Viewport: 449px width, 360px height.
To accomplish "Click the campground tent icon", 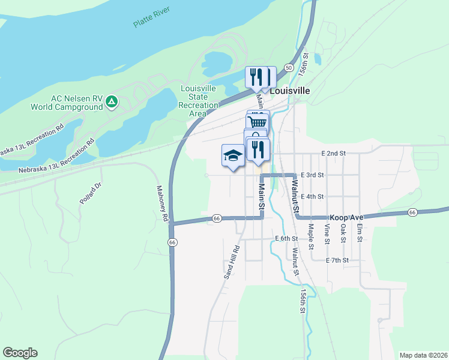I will click(x=111, y=103).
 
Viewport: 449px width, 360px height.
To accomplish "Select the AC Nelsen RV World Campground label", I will click(x=70, y=103).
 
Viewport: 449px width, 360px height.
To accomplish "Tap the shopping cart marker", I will click(x=258, y=122).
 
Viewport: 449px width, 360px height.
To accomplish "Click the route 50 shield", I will click(x=289, y=68).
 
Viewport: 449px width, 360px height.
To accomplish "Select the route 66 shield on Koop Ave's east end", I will click(x=412, y=212).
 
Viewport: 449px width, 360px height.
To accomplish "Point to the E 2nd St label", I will click(x=334, y=154).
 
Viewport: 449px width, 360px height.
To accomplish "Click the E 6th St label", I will click(x=286, y=238).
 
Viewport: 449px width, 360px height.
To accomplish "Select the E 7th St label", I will click(x=337, y=260).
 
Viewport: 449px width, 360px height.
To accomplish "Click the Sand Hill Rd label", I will click(x=232, y=262).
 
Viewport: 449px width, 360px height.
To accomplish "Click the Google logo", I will click(x=20, y=353).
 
